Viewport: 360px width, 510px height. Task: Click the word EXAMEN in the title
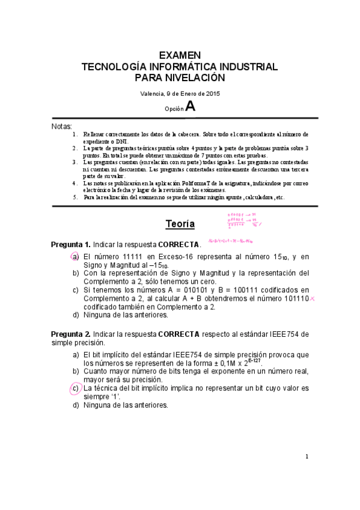click(180, 55)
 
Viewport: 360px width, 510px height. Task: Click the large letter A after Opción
click(190, 106)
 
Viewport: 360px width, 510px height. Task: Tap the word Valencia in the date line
click(151, 93)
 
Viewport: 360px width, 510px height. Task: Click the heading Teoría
click(180, 224)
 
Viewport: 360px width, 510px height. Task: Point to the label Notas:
click(63, 127)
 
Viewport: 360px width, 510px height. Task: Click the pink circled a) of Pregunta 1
click(76, 257)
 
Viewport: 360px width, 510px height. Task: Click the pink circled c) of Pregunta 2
click(76, 388)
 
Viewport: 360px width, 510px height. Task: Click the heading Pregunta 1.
click(71, 244)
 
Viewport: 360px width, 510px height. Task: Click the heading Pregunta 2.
click(71, 334)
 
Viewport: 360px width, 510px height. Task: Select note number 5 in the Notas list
click(75, 197)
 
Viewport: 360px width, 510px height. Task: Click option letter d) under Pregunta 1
click(76, 315)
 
